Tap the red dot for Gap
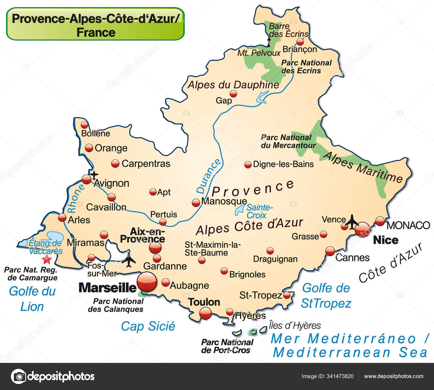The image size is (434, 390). [x=233, y=94]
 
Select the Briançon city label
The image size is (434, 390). [x=299, y=49]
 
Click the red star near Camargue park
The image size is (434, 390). [x=47, y=260]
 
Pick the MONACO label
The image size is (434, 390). [x=408, y=225]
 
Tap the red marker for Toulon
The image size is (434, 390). [x=205, y=314]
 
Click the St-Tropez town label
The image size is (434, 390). [x=260, y=295]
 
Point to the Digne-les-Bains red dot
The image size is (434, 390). [x=248, y=164]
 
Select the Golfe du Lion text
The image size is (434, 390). [x=32, y=299]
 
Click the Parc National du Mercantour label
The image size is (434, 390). [x=288, y=141]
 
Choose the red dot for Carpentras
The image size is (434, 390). [x=115, y=163]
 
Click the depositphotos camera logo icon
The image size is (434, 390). [x=18, y=376]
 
